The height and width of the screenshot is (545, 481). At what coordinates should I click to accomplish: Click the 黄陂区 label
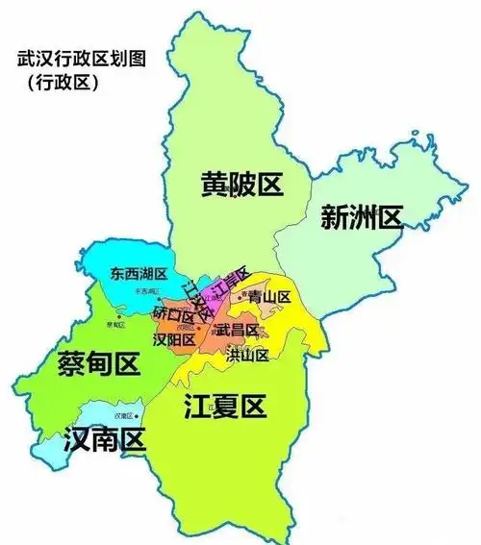pyautogui.click(x=241, y=184)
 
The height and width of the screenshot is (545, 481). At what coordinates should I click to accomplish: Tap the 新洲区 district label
pyautogui.click(x=361, y=218)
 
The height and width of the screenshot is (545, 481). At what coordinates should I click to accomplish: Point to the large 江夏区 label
pyautogui.click(x=224, y=408)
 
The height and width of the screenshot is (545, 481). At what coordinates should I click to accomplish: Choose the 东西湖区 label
pyautogui.click(x=139, y=275)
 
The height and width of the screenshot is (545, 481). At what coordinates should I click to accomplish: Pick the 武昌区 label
pyautogui.click(x=237, y=330)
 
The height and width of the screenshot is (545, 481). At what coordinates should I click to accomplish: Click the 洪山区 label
pyautogui.click(x=246, y=354)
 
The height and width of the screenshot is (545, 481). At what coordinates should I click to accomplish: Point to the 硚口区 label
pyautogui.click(x=173, y=314)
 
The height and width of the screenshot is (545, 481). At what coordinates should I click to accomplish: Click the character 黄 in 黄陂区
pyautogui.click(x=214, y=184)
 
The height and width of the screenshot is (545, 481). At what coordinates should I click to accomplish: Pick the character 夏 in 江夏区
pyautogui.click(x=224, y=408)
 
